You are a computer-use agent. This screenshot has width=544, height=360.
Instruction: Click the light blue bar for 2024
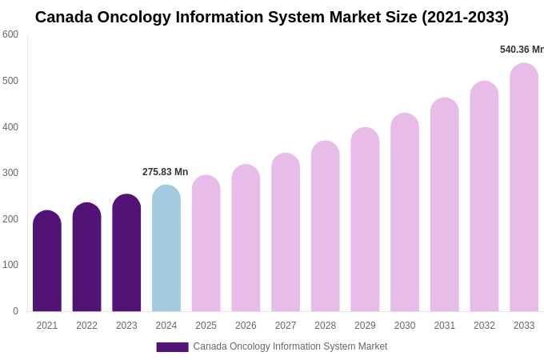pos(166,249)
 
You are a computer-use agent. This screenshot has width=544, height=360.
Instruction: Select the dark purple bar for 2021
pos(47,262)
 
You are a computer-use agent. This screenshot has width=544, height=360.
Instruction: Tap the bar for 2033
pos(524,188)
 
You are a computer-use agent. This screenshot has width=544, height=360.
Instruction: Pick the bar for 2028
pos(326,226)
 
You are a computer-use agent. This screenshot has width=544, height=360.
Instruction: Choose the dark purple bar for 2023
pos(126,254)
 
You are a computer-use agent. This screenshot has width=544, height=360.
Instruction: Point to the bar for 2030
pos(405,213)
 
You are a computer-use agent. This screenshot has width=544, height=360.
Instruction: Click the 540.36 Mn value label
pos(522,50)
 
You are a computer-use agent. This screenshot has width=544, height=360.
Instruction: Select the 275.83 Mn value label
pos(165,172)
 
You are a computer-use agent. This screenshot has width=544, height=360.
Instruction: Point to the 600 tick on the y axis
pos(10,34)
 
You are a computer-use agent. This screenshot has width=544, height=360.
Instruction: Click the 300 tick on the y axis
pos(10,173)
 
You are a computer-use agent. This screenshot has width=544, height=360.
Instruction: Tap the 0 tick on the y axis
pos(15,311)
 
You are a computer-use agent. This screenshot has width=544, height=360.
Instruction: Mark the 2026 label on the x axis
pos(246,326)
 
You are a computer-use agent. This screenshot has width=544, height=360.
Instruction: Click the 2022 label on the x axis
pos(86,326)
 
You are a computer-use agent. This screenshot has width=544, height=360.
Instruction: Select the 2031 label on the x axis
pos(445,326)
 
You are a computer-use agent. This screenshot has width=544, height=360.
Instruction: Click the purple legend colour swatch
pos(172,347)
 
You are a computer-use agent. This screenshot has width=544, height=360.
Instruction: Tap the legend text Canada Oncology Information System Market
pos(290,346)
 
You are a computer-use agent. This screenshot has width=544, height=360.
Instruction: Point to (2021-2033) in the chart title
pos(465,17)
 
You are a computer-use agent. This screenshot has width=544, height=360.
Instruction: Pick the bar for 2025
pos(206,244)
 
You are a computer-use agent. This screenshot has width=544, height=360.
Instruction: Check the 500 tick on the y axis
pos(10,81)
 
